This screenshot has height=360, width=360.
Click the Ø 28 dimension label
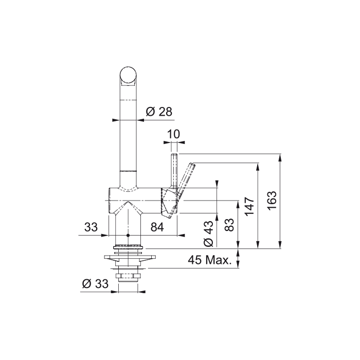point(159,112)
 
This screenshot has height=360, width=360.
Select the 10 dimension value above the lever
point(174,134)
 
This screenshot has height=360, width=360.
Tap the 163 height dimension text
point(272,201)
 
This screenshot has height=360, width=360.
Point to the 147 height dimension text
point(249,206)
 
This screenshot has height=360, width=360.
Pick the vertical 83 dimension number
point(229,225)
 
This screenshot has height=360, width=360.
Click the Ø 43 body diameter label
point(209,233)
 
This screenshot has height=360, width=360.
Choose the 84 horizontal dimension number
point(157,227)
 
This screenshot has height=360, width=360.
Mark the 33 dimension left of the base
point(91,227)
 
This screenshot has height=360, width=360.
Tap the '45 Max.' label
point(210,260)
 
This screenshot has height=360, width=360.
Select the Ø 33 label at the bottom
point(95,284)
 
